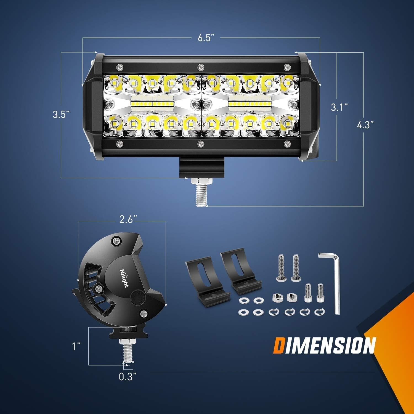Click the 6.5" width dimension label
tap(206, 38)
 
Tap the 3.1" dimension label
tap(339, 107)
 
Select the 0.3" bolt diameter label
tap(128, 377)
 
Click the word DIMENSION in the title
tap(325, 345)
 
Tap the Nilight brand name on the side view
tap(124, 278)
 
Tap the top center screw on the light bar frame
tap(201, 67)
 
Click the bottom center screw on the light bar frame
tap(201, 143)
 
